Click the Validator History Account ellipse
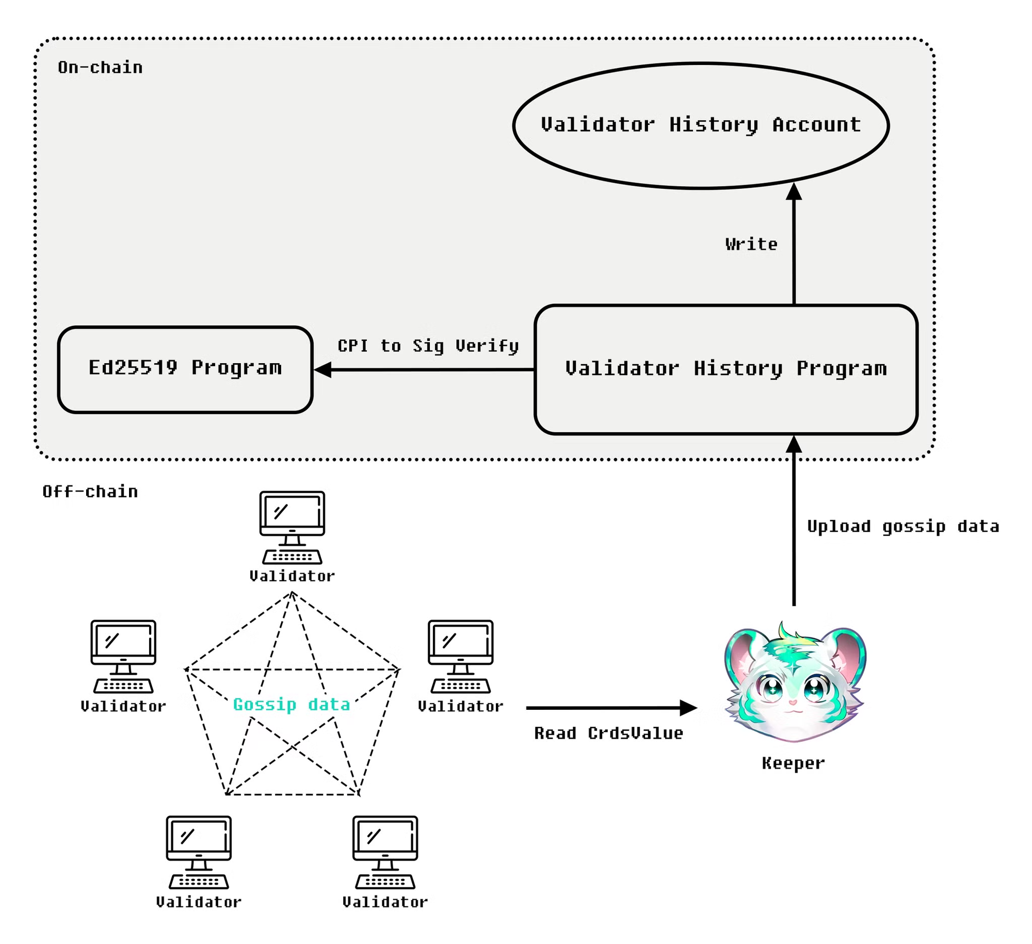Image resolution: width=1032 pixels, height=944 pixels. [700, 125]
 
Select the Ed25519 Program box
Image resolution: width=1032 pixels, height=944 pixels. [185, 369]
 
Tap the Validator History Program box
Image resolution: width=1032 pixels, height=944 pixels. [725, 370]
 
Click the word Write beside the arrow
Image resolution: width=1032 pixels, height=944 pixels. [751, 244]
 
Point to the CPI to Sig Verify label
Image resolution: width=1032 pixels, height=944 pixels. [428, 346]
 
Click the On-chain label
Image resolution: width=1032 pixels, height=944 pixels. [100, 68]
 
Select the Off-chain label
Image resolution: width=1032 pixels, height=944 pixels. [90, 492]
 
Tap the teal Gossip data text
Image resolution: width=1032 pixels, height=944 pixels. [292, 704]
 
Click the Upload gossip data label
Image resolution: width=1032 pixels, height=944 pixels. [902, 526]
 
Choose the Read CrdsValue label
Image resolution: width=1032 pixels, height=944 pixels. [608, 733]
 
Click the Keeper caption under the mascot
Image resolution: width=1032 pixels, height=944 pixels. [793, 763]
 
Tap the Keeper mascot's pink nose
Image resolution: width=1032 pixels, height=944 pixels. [793, 702]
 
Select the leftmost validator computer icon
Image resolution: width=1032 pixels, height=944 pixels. [123, 656]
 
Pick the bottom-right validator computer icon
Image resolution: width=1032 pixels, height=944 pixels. [385, 852]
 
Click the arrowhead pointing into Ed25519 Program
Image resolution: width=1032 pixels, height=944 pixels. [322, 370]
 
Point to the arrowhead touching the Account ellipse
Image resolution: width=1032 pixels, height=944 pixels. [794, 192]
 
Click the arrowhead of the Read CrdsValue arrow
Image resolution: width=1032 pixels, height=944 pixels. [688, 708]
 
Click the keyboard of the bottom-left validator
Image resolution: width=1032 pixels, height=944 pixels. [199, 882]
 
